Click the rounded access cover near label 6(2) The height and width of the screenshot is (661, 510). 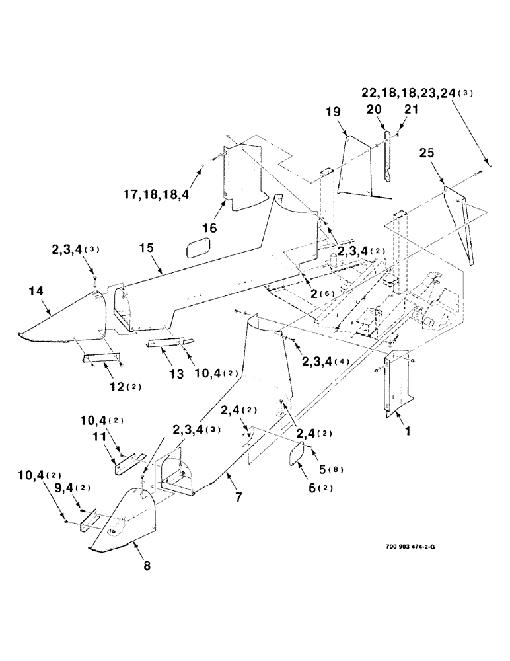(x=294, y=455)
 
